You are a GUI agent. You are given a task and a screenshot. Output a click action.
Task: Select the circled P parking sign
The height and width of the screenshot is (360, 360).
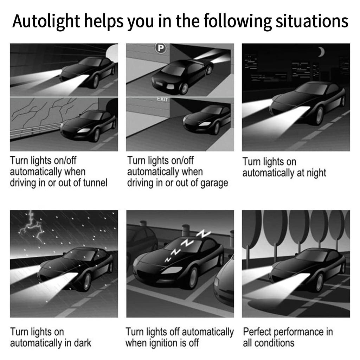(161, 48)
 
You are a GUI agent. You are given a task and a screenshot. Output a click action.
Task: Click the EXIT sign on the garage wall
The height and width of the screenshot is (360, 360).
(162, 99)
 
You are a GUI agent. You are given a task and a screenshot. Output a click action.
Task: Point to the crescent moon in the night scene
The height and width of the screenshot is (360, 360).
(321, 52)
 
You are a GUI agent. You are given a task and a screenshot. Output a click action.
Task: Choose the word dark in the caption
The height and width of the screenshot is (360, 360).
(82, 343)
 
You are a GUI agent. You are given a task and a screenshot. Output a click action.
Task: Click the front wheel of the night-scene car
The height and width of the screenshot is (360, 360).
(319, 115)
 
